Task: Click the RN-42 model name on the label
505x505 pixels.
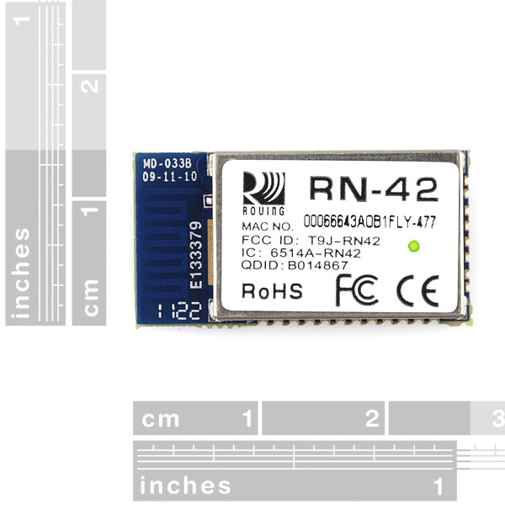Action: coord(374,188)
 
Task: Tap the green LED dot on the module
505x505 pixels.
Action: coord(412,247)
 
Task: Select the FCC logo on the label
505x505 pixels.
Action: coord(358,290)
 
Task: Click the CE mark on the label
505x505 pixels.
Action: coord(418,290)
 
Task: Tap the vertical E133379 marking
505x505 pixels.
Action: coord(195,256)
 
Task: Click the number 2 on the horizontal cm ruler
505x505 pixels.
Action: coord(371,417)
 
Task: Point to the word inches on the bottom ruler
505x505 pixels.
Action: coord(185,486)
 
